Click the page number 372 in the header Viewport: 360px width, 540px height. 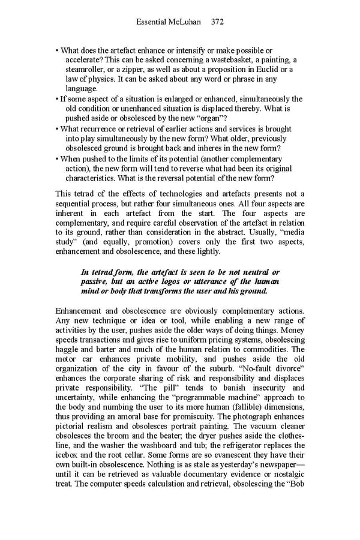[217, 22]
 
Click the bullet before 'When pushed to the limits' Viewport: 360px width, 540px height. [57, 158]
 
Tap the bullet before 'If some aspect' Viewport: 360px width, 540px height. [57, 99]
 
